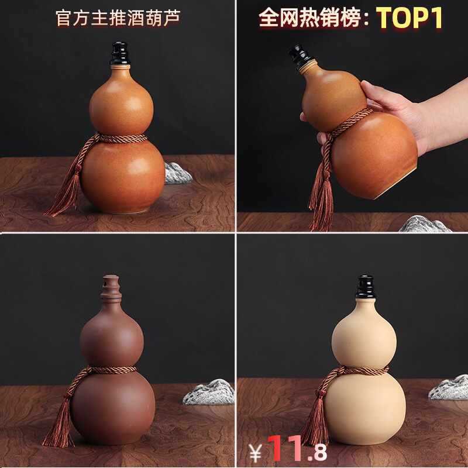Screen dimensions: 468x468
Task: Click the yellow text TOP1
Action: (409, 18)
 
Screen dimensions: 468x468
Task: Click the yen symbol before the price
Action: (256, 453)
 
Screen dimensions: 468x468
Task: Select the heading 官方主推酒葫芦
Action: (118, 18)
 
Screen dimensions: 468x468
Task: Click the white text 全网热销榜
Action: (310, 18)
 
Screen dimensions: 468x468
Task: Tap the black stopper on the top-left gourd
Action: (120, 53)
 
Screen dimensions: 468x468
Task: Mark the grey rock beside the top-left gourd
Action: (178, 173)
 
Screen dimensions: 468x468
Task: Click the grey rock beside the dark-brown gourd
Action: (209, 392)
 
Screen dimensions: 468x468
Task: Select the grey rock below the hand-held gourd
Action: (424, 225)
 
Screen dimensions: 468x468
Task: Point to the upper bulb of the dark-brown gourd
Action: (112, 339)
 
